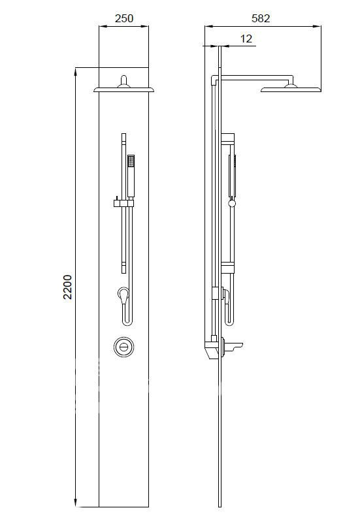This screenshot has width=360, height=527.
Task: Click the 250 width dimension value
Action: click(123, 18)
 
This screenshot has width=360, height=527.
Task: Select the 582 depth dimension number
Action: click(260, 18)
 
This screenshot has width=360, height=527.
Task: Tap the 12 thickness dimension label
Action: click(246, 39)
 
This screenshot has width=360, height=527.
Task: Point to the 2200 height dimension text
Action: click(67, 287)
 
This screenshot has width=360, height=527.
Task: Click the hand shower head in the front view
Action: click(131, 176)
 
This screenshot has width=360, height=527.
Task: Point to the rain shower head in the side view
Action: click(291, 88)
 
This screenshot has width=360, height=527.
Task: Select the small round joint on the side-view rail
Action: click(231, 204)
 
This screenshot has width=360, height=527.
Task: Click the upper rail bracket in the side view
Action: click(227, 138)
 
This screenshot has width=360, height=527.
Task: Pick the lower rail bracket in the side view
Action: click(227, 266)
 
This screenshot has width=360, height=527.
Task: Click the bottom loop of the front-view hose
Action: click(126, 321)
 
